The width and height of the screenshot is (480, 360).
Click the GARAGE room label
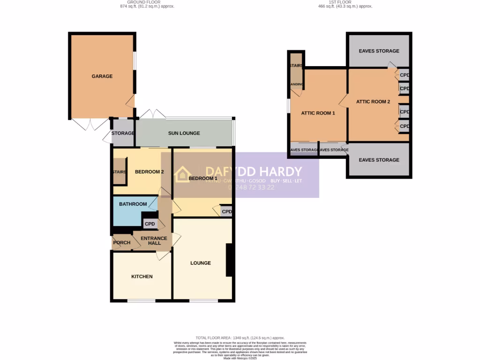tap(102, 76)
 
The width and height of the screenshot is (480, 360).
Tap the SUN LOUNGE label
tap(184, 133)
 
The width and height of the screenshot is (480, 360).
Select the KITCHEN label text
tap(142, 277)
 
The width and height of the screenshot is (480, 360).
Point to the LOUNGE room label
tap(200, 263)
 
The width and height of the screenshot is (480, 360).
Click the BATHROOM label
tap(133, 204)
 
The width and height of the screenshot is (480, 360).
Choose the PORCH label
tap(122, 243)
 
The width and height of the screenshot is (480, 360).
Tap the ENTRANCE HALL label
tap(154, 240)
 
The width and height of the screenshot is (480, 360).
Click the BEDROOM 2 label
tap(149, 172)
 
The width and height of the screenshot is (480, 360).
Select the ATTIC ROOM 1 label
tap(318, 113)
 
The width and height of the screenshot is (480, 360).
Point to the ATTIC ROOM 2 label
tap(373, 102)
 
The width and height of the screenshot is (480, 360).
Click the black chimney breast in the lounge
tap(230, 260)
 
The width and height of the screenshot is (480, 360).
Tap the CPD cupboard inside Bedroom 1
tap(227, 212)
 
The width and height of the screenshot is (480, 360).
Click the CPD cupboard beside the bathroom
tap(150, 224)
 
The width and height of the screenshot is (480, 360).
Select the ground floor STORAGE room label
tap(123, 133)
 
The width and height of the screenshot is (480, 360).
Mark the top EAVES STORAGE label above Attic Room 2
tap(379, 51)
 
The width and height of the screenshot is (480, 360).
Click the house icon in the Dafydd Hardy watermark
tap(182, 174)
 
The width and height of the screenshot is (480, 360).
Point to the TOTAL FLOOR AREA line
tap(240, 338)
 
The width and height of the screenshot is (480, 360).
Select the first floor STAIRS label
tap(296, 66)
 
